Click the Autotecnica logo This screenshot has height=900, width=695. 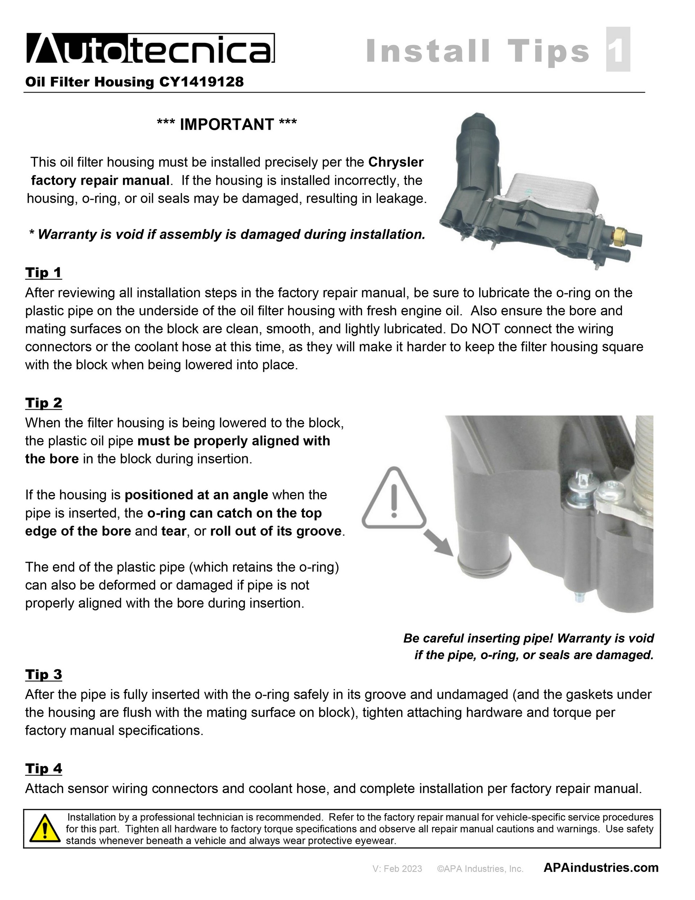[x=150, y=48]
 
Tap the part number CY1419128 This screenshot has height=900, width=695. [x=201, y=82]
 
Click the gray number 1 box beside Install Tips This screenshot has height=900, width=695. [x=618, y=49]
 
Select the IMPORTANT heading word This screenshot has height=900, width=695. [x=227, y=124]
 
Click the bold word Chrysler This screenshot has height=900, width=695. [x=396, y=162]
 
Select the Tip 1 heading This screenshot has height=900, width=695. [x=44, y=273]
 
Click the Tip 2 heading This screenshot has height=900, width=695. [x=44, y=402]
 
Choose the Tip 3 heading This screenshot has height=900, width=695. [x=44, y=674]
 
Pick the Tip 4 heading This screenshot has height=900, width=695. [x=44, y=769]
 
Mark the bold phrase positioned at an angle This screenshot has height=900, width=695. [x=196, y=495]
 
